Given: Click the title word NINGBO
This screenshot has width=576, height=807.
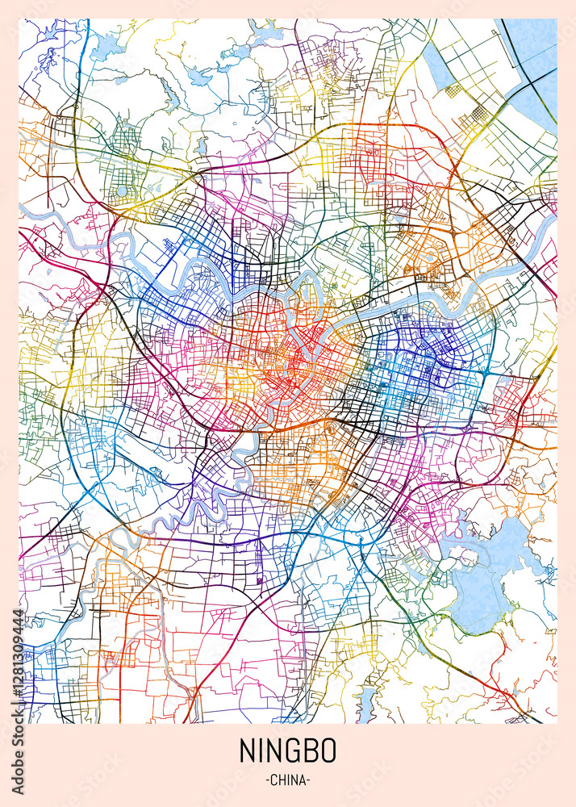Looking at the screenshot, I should click(287, 751).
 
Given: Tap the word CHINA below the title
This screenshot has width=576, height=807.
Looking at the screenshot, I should click(287, 780).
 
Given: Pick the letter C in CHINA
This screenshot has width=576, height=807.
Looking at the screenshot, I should click(273, 780).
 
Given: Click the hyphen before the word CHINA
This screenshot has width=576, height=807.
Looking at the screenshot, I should click(265, 780).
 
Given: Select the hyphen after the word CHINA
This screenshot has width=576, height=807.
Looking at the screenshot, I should click(309, 780).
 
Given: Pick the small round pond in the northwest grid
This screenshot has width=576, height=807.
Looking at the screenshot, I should click(122, 191).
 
